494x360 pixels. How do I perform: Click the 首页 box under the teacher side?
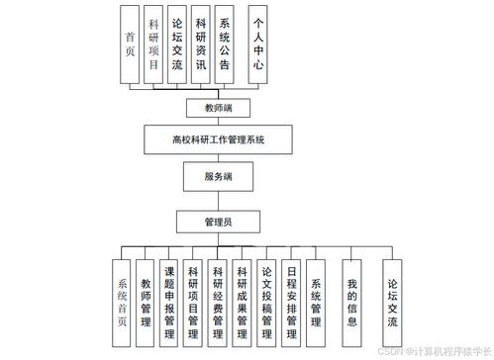point(130,45)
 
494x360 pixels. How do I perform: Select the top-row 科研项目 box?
point(153,45)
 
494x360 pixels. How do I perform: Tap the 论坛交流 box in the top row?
point(177,45)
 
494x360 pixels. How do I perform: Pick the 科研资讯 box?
point(201,45)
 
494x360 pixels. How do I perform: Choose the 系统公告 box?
point(225,45)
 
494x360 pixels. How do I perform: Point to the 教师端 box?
point(217,108)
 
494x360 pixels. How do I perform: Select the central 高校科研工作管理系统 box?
point(218,138)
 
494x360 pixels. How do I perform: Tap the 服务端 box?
point(218,177)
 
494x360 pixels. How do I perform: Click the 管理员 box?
point(218,222)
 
